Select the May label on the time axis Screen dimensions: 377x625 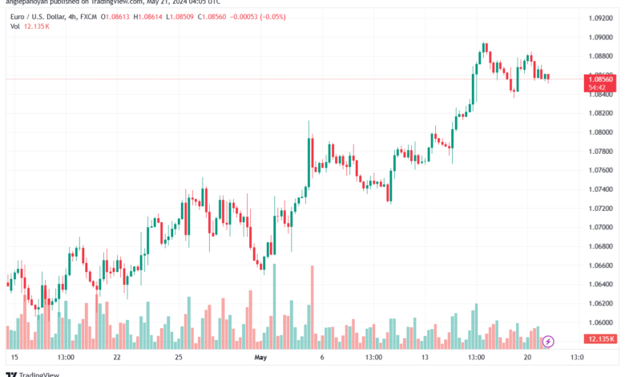pos(259,357)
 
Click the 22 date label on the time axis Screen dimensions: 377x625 pos(117,357)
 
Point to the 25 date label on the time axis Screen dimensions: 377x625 pos(179,357)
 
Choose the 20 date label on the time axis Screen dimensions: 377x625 pos(529,357)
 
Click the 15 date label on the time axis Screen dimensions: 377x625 pos(14,357)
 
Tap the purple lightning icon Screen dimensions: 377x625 pos(548,342)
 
